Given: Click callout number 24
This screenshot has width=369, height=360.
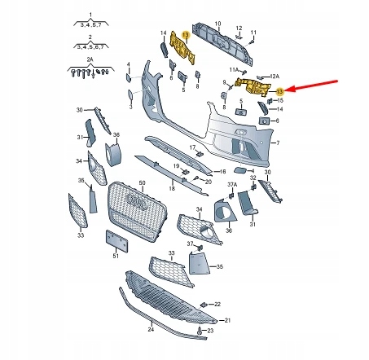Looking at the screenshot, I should [x=151, y=330].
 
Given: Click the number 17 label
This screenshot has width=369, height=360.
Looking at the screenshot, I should [x=198, y=147].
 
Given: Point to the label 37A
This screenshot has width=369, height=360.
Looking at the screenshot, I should [x=231, y=186].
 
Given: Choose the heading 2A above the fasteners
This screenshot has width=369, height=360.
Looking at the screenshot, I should [x=90, y=60].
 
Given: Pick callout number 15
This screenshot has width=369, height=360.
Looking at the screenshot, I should [x=279, y=100].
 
